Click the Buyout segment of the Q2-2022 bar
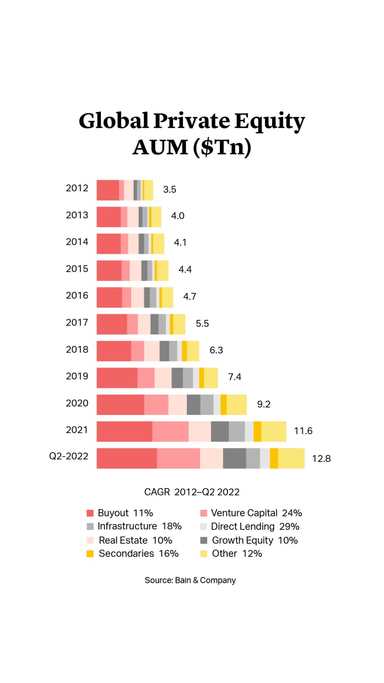[x=127, y=458]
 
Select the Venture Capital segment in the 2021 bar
[x=170, y=431]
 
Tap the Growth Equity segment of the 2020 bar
[x=193, y=404]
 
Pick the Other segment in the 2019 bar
[x=211, y=378]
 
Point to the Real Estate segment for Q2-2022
[x=211, y=458]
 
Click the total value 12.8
[x=321, y=459]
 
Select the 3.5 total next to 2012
[x=169, y=190]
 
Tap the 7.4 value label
[x=234, y=377]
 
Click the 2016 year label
[x=77, y=295]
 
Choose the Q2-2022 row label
[x=69, y=456]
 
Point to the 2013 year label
[x=77, y=215]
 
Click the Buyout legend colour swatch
[x=90, y=513]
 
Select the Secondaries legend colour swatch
[x=90, y=554]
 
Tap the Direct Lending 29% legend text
[x=255, y=527]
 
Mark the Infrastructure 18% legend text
[x=140, y=526]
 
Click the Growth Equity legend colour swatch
[x=204, y=540]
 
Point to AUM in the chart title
[x=160, y=147]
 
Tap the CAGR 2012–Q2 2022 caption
[x=192, y=492]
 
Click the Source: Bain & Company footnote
[x=190, y=580]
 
